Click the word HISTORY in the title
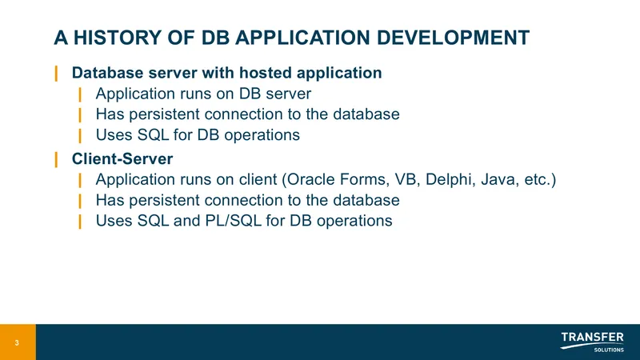118,38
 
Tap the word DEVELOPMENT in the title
453,38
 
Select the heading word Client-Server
122,158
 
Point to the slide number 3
17,343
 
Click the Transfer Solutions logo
592,342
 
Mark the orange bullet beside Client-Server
56,159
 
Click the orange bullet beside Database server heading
56,74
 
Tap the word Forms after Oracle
365,179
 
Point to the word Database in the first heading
108,73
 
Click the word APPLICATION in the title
303,38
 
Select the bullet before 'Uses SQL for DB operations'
80,135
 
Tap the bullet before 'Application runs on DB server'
80,94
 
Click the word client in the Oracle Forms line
258,179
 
